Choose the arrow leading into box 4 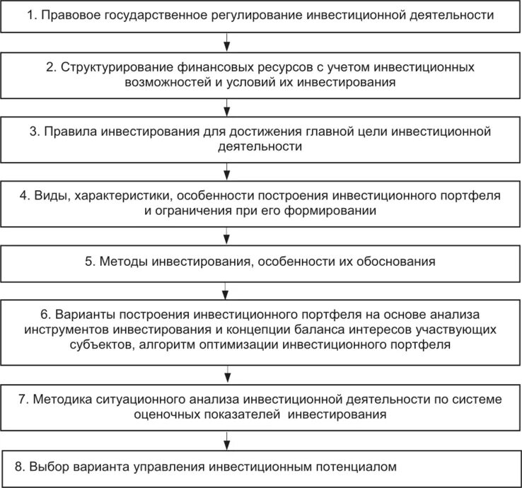[226, 170]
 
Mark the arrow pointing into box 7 [226, 372]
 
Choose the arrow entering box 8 [226, 437]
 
